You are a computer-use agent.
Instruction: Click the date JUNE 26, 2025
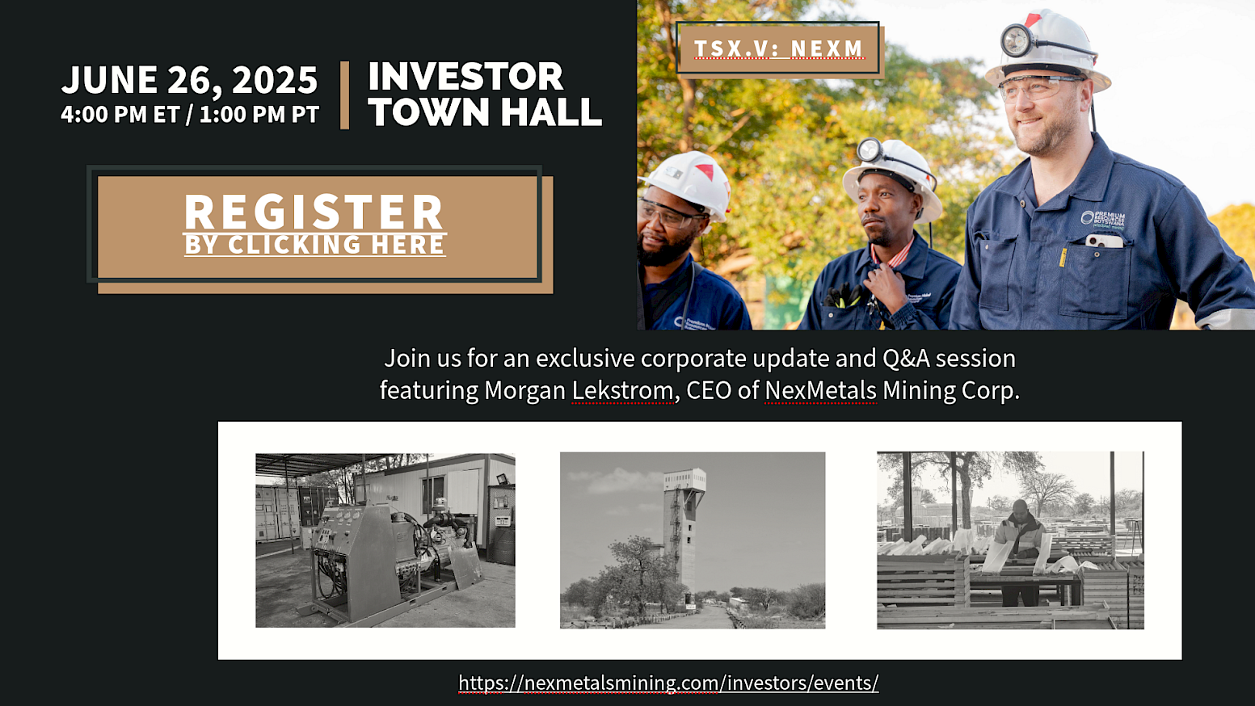(189, 79)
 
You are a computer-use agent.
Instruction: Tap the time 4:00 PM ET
(120, 114)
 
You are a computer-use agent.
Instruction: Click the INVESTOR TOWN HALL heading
(485, 94)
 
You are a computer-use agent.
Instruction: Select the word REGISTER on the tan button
(314, 212)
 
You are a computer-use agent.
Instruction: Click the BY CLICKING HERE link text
(315, 245)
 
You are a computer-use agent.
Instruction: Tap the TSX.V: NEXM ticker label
(779, 48)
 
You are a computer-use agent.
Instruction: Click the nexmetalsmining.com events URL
(668, 683)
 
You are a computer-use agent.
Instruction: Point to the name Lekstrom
(622, 390)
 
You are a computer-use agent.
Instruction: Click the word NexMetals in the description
(821, 390)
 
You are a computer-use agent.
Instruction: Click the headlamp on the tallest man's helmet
(1017, 40)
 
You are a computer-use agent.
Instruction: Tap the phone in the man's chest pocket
(1104, 241)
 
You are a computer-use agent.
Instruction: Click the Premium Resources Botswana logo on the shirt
(1102, 220)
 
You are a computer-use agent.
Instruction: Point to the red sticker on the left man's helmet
(705, 171)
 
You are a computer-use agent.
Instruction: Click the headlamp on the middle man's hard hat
(870, 150)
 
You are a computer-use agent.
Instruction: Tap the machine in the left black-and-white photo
(386, 560)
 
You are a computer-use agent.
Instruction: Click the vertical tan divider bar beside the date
(344, 95)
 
